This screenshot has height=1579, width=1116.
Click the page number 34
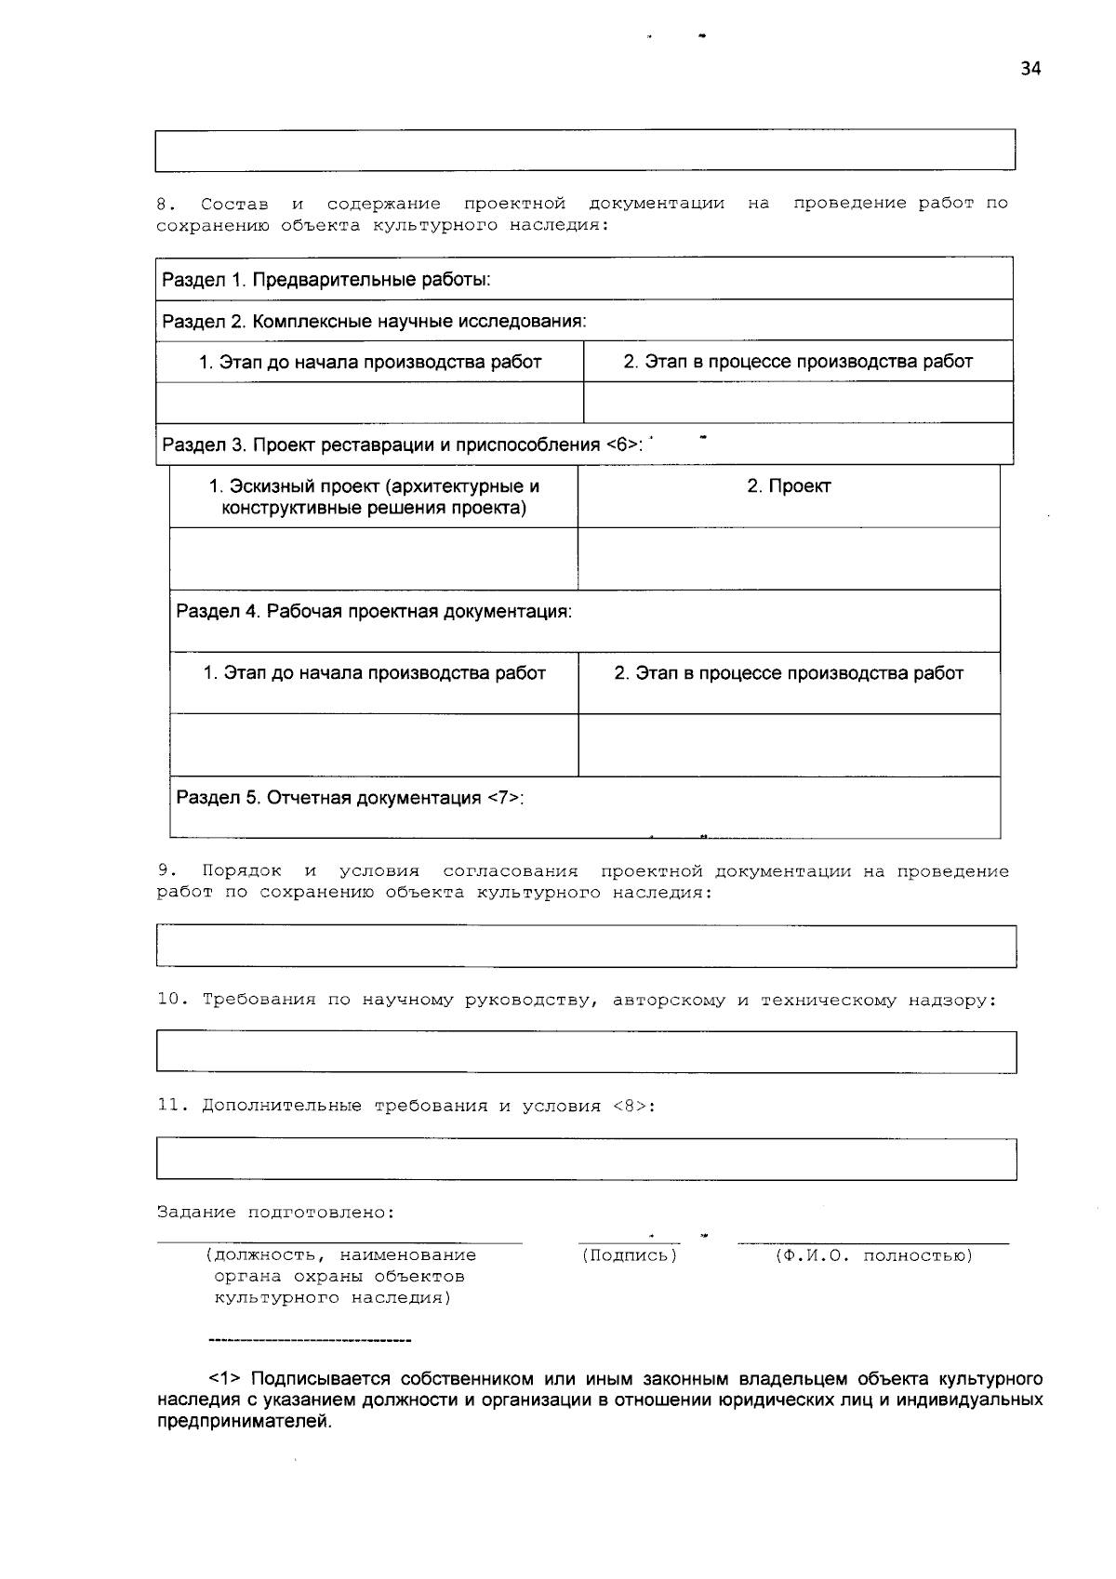pyautogui.click(x=1030, y=69)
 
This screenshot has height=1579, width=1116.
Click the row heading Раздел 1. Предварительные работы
pyautogui.click(x=326, y=280)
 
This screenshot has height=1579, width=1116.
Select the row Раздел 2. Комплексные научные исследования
pyautogui.click(x=374, y=322)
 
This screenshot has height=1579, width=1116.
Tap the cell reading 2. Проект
pyautogui.click(x=789, y=486)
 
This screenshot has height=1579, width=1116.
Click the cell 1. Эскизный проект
pyautogui.click(x=374, y=497)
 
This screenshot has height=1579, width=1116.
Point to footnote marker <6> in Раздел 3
pyautogui.click(x=623, y=445)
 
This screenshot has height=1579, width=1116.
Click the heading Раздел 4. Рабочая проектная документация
pyautogui.click(x=374, y=612)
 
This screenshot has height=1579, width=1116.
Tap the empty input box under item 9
pyautogui.click(x=586, y=947)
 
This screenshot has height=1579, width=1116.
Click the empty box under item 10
pyautogui.click(x=586, y=1053)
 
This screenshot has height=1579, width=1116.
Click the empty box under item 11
pyautogui.click(x=586, y=1160)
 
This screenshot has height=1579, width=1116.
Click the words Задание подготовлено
pyautogui.click(x=275, y=1214)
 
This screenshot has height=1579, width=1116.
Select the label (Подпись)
pyautogui.click(x=630, y=1256)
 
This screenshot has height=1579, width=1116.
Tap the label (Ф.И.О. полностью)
pyautogui.click(x=873, y=1256)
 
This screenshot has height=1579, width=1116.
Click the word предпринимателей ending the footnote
pyautogui.click(x=245, y=1422)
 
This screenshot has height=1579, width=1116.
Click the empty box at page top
pyautogui.click(x=586, y=151)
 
